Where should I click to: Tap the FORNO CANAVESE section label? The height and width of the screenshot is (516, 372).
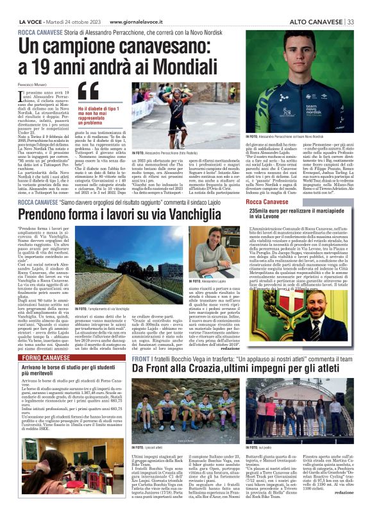tap(39, 356)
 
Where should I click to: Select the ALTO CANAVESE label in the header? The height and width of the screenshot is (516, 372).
tap(315, 21)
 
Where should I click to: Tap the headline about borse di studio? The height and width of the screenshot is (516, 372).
tap(63, 372)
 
